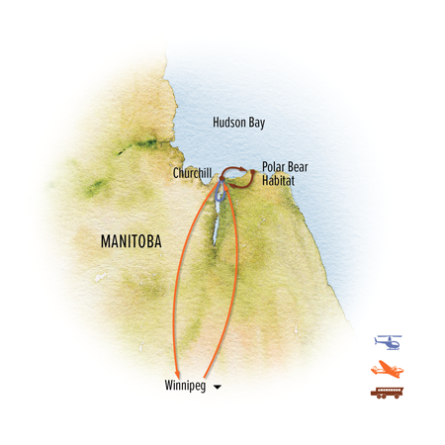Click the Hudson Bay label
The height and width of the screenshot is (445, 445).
click(x=242, y=124)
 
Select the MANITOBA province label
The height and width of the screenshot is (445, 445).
click(x=133, y=240)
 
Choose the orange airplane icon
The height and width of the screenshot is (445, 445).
click(x=389, y=368)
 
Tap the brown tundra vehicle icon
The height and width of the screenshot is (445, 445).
click(x=389, y=394)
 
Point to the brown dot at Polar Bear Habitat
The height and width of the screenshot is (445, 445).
click(x=252, y=175)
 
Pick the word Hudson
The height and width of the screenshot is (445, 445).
click(x=232, y=124)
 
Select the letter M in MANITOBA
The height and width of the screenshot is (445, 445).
click(x=105, y=240)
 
